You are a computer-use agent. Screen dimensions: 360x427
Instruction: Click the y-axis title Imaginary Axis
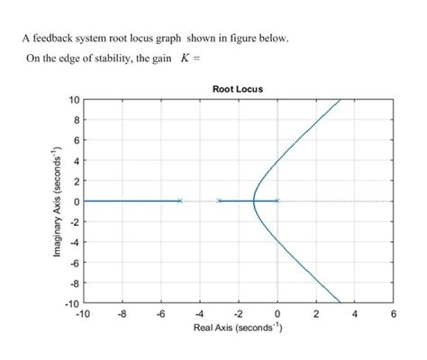pyautogui.click(x=56, y=200)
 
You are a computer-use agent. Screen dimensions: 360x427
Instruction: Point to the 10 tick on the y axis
pyautogui.click(x=73, y=99)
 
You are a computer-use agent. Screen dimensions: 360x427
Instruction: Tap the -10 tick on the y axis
pyautogui.click(x=71, y=302)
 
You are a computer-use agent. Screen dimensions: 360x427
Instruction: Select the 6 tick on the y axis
pyautogui.click(x=76, y=139)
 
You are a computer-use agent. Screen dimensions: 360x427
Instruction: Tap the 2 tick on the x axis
pyautogui.click(x=316, y=314)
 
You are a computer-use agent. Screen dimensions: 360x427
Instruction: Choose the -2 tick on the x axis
pyautogui.click(x=238, y=314)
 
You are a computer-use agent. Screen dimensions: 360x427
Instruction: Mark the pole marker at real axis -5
pyautogui.click(x=180, y=201)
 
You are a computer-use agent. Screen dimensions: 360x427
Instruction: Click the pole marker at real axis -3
pyautogui.click(x=219, y=201)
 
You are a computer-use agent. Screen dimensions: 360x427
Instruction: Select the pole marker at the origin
pyautogui.click(x=277, y=201)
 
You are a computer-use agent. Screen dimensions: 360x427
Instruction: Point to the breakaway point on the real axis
pyautogui.click(x=255, y=201)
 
